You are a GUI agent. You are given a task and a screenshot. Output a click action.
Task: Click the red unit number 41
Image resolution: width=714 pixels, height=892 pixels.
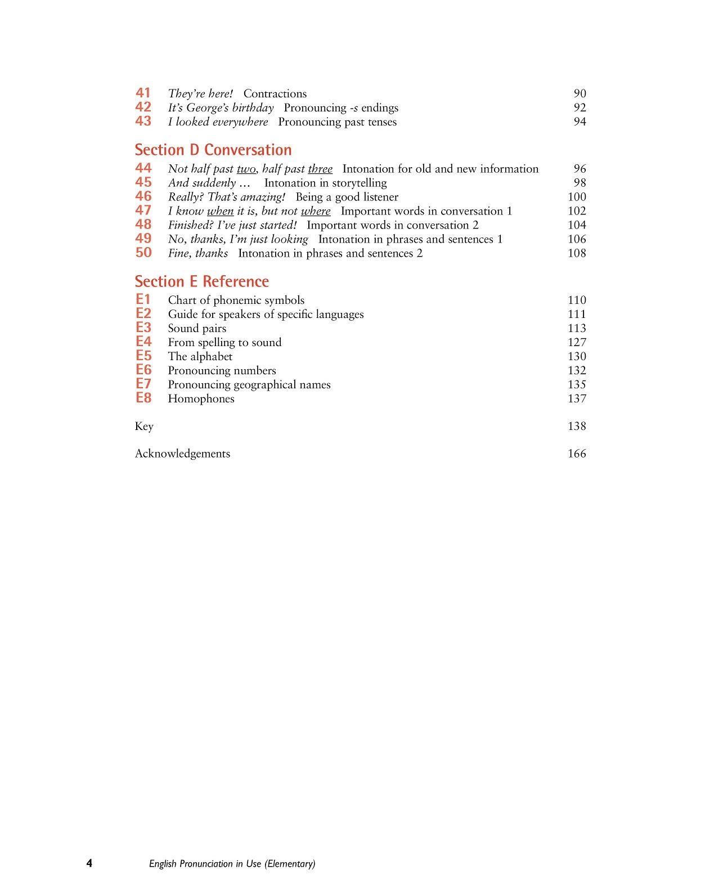click(143, 93)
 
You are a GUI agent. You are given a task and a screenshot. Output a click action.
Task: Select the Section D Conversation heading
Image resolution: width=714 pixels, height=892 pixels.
click(213, 150)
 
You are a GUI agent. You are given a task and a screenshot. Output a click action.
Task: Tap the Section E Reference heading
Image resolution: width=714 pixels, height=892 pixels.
click(201, 281)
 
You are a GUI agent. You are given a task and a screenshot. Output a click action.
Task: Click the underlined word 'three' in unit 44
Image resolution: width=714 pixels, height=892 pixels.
click(320, 169)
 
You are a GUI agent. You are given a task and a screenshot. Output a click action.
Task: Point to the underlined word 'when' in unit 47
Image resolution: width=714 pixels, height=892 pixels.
click(220, 211)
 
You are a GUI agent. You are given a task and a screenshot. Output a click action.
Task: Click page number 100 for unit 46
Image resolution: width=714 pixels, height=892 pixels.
click(577, 197)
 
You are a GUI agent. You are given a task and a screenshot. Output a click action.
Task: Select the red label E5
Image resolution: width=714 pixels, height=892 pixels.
click(143, 356)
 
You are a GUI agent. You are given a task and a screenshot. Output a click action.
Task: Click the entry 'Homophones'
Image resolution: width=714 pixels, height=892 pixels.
click(201, 398)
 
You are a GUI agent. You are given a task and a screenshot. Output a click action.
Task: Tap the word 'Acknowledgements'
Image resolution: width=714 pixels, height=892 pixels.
click(182, 454)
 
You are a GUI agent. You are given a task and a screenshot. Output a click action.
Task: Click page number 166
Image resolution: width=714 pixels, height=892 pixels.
click(577, 454)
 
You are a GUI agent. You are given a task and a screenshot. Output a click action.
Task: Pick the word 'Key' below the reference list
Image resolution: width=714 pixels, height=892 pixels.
click(144, 426)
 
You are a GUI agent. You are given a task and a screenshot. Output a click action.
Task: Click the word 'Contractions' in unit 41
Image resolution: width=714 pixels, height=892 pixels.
click(275, 94)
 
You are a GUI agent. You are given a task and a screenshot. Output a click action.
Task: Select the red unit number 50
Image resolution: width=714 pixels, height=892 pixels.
click(143, 253)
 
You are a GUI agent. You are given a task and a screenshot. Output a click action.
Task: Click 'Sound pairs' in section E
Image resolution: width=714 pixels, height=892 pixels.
click(197, 328)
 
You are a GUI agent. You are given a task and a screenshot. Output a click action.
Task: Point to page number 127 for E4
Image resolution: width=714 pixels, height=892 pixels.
click(577, 342)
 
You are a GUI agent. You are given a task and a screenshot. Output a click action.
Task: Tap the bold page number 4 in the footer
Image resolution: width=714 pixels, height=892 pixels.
click(89, 863)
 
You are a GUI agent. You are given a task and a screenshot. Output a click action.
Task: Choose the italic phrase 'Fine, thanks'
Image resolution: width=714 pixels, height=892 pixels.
click(198, 253)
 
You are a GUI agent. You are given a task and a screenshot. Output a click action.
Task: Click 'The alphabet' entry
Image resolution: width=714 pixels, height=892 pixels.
click(200, 356)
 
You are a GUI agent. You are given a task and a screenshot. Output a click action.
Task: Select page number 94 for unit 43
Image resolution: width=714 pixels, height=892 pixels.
click(580, 122)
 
